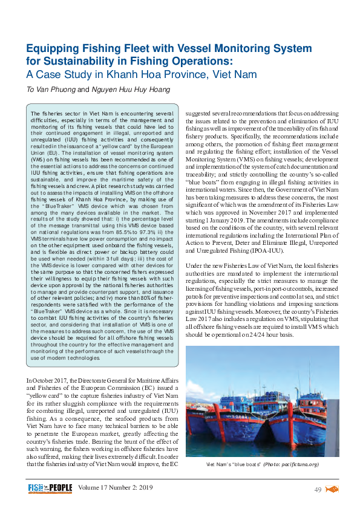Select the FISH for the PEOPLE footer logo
pos(50,488)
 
